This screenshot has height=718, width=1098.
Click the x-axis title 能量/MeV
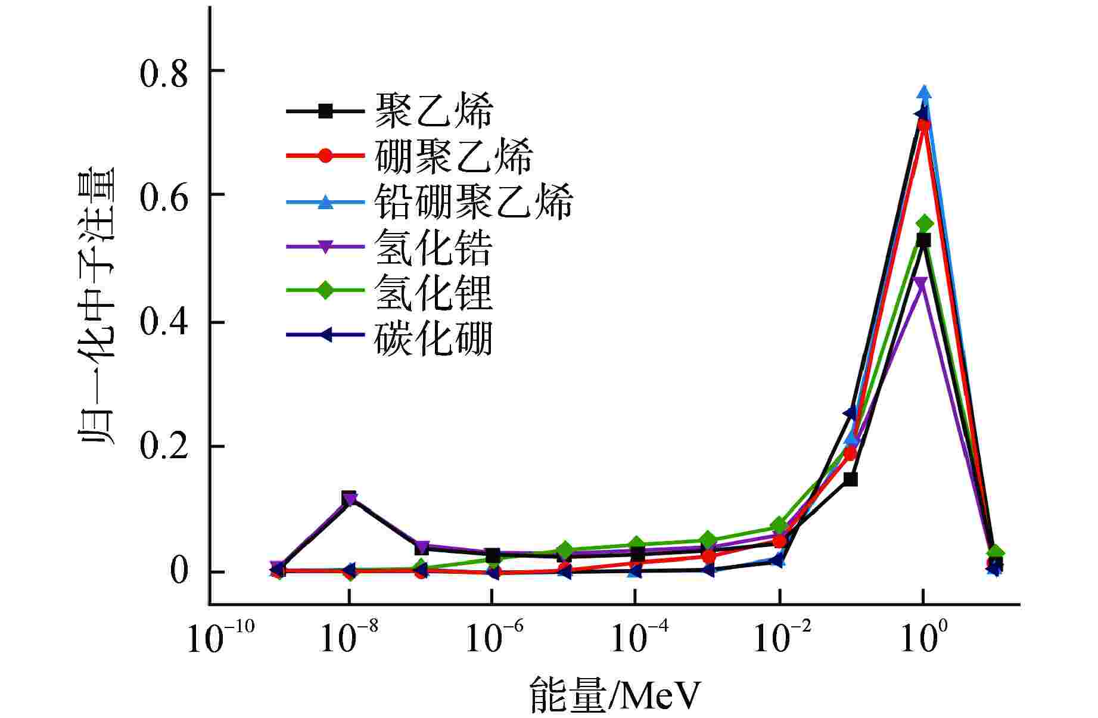[614, 695]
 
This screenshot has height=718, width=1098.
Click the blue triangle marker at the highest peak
[924, 92]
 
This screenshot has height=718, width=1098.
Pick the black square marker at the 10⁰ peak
[923, 240]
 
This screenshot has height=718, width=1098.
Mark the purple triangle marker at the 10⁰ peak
[921, 282]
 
